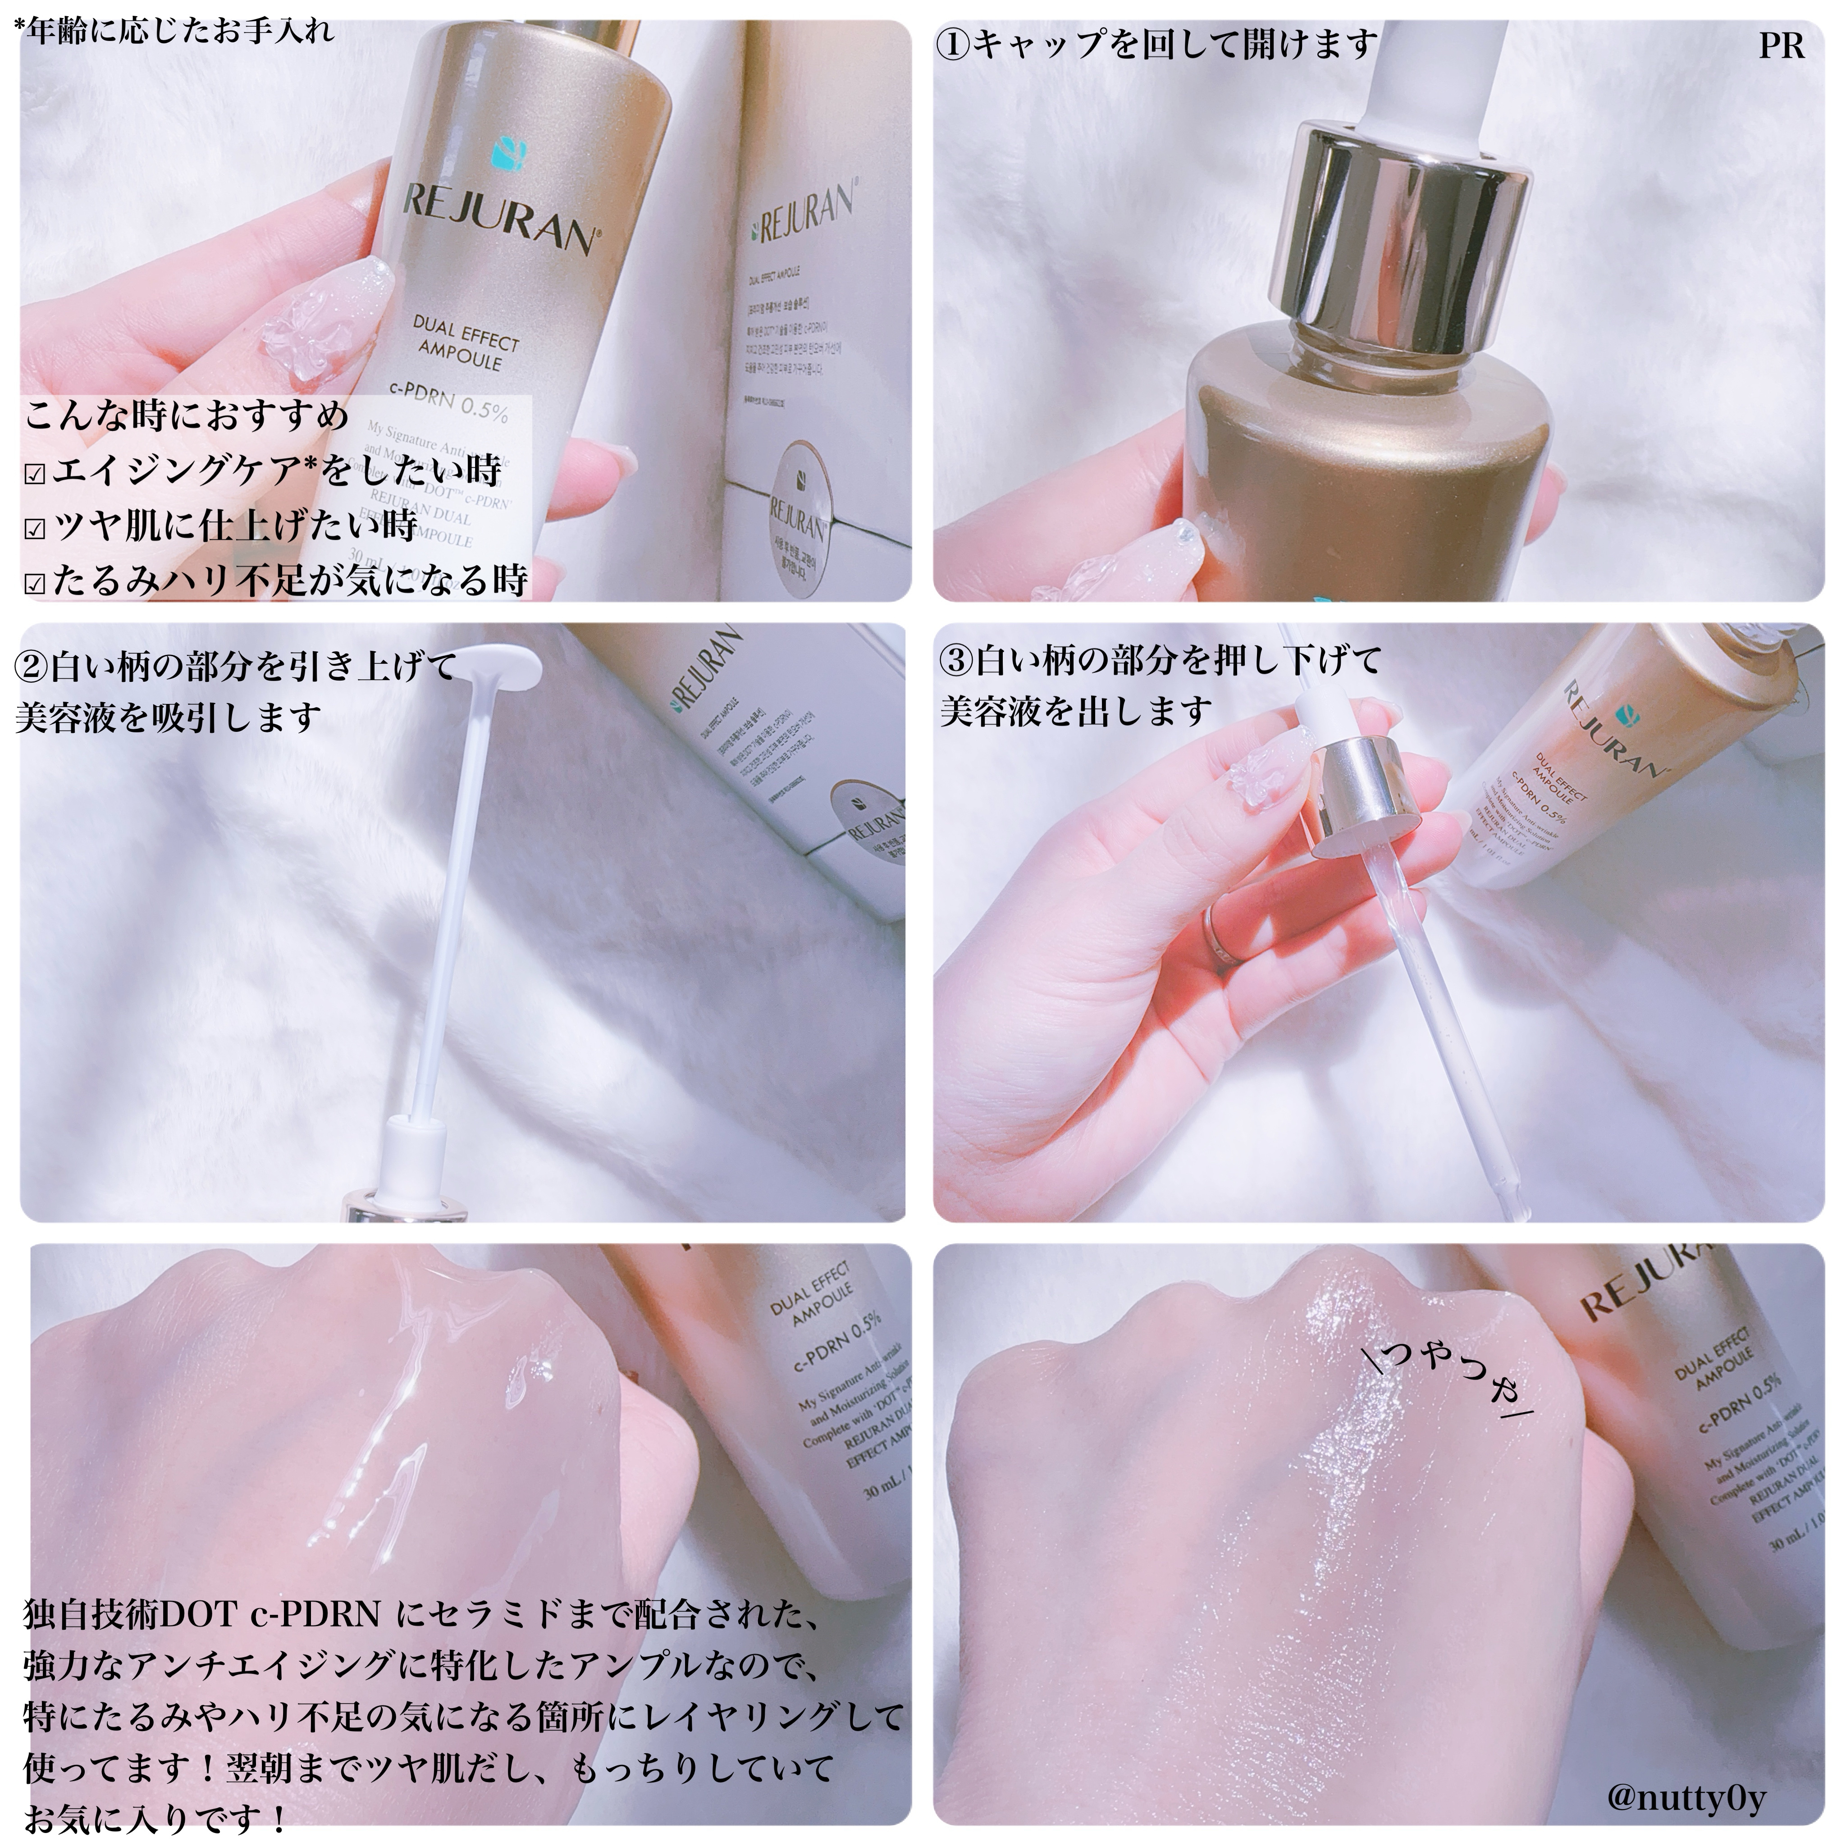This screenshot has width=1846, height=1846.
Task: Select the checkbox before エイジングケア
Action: click(x=35, y=475)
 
